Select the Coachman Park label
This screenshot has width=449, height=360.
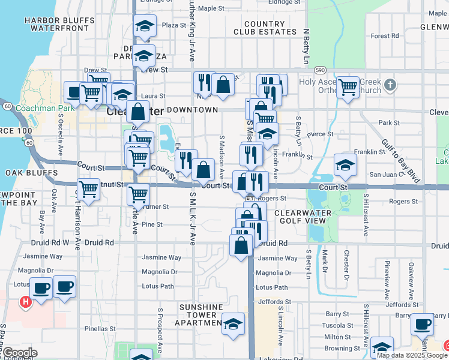tap(40, 108)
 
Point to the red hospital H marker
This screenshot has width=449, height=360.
tap(25, 302)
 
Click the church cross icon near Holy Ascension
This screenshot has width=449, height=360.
tap(391, 83)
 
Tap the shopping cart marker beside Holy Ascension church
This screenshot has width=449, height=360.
tap(348, 87)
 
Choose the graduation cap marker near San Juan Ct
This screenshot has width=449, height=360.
tap(345, 165)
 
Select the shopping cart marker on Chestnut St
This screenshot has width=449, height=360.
tap(88, 190)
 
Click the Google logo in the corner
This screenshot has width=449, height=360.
tap(19, 353)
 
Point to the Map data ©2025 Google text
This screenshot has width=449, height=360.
tap(412, 355)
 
